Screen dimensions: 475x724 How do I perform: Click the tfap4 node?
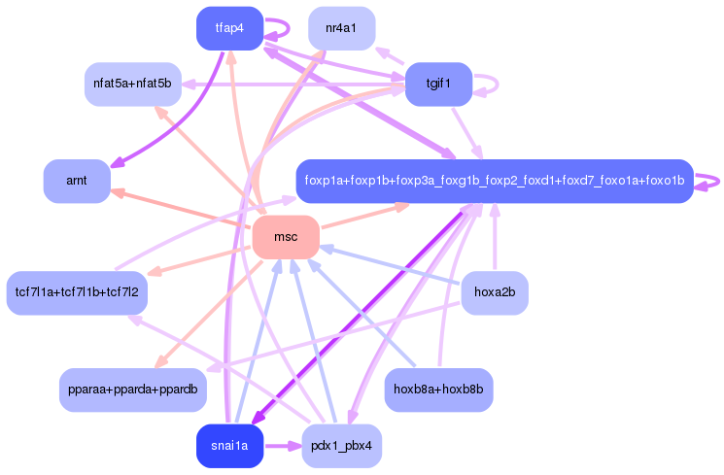pos(229,28)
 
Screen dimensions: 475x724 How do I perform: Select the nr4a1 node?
pos(341,28)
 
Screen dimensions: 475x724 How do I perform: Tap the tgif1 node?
pos(438,84)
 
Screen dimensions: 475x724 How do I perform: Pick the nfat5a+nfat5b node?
pos(131,85)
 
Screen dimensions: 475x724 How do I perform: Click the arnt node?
pos(77,182)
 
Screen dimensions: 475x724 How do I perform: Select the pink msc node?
pos(286,237)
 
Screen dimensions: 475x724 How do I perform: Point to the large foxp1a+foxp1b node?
pos(494,182)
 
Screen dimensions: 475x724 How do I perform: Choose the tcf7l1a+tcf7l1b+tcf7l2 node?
pos(77,292)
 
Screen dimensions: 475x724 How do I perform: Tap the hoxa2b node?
pos(494,292)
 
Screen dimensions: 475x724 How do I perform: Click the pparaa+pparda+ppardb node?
pos(132,390)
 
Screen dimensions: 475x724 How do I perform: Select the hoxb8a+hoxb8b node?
pos(438,390)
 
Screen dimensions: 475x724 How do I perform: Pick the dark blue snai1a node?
pos(229,446)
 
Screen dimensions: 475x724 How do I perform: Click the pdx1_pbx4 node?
pos(341,446)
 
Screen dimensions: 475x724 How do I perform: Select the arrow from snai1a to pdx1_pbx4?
pos(282,446)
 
